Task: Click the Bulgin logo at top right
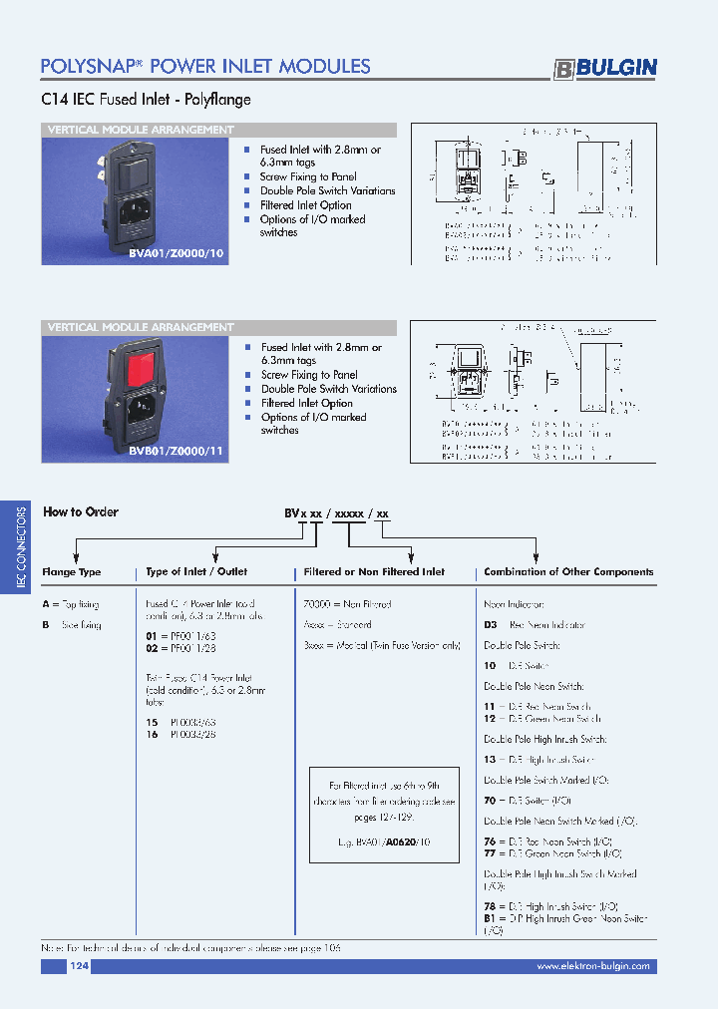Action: (x=605, y=68)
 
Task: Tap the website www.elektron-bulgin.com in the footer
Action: (x=592, y=966)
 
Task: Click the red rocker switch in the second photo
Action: (x=147, y=370)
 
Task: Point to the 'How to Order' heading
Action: (x=81, y=511)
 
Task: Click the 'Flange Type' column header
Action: (x=72, y=572)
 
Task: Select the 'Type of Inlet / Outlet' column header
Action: (x=196, y=572)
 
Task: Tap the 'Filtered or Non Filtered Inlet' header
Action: (x=374, y=572)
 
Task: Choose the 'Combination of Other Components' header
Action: (x=568, y=572)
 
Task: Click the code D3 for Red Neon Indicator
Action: (x=490, y=624)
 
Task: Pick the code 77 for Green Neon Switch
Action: (x=490, y=853)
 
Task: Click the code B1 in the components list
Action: (x=490, y=918)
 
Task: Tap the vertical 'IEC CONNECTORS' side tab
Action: (x=21, y=548)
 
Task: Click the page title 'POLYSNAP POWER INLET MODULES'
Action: (x=205, y=67)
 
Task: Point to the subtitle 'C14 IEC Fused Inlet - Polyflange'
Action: (x=146, y=100)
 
